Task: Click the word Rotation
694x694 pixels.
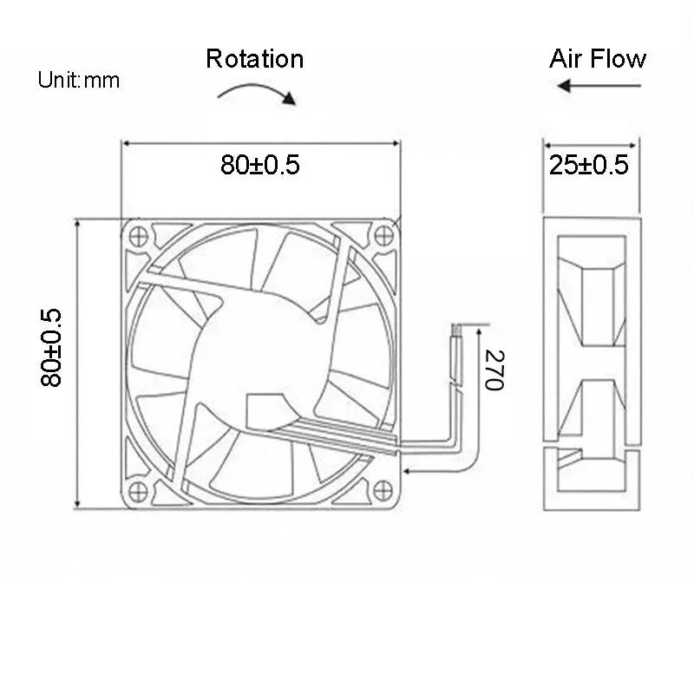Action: click(254, 59)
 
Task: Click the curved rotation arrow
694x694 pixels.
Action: click(257, 90)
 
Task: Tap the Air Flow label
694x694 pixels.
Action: click(598, 59)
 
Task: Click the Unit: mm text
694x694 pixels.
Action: click(78, 81)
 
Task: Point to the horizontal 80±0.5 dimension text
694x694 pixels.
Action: click(259, 165)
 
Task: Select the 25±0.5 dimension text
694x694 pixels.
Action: click(589, 165)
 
